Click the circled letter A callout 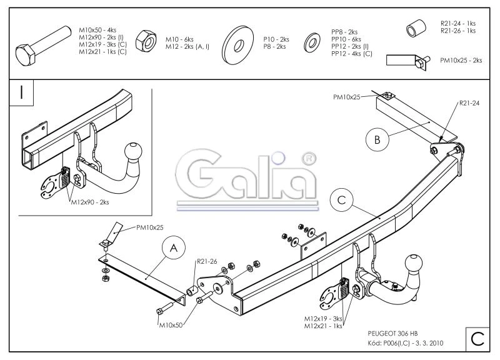tap(174, 249)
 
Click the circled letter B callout tap(377, 140)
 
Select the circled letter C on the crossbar tap(341, 200)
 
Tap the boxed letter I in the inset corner tap(22, 92)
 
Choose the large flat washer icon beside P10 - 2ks tap(237, 43)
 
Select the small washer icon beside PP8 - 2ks tap(311, 42)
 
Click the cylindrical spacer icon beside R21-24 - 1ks tap(413, 29)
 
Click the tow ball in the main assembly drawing tap(414, 262)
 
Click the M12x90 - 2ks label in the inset tap(90, 202)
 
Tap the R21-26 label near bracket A tap(206, 262)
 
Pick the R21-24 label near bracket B tap(469, 103)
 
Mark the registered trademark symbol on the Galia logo tap(307, 159)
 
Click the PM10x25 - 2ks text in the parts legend tap(461, 60)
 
